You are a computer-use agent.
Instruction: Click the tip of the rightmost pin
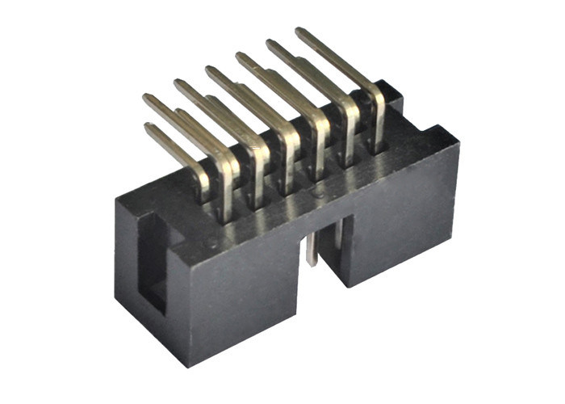[299, 32]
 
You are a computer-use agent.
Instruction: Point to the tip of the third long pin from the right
[239, 56]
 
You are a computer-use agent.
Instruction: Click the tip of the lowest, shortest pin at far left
[149, 127]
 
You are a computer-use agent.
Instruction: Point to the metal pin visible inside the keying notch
[312, 247]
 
